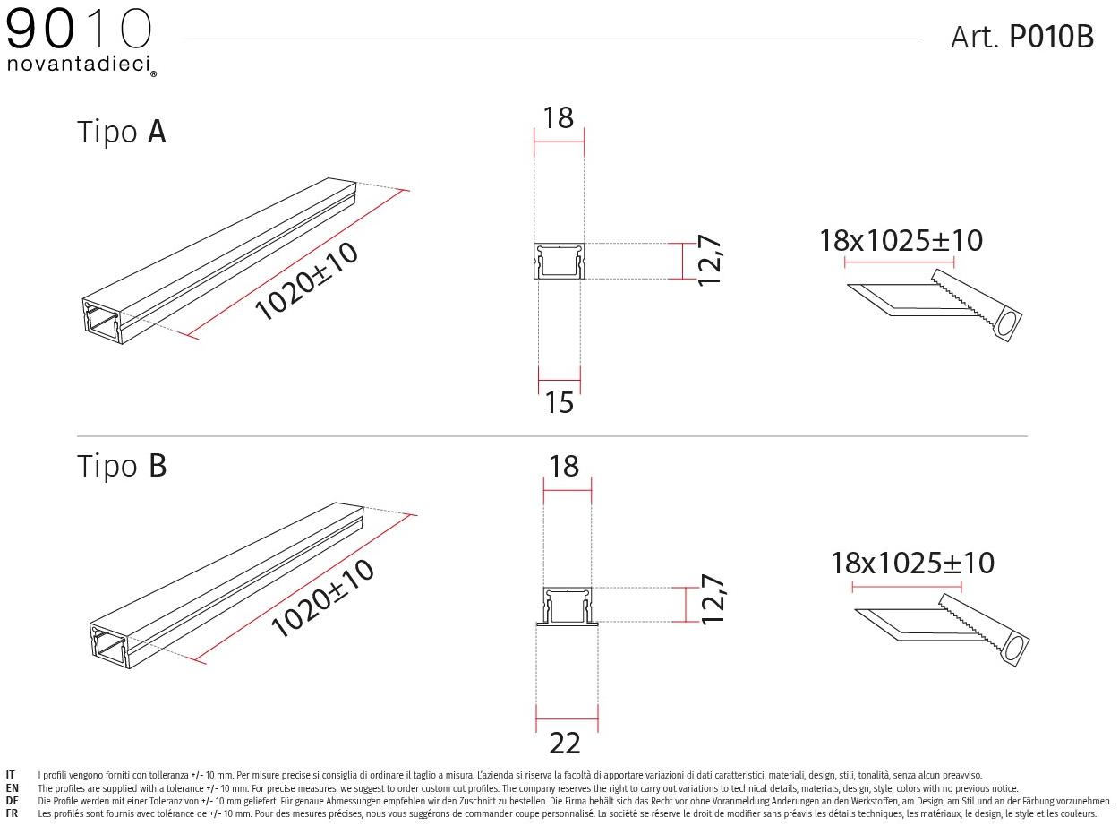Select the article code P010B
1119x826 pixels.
(x=1051, y=37)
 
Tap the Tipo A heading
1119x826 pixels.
(x=122, y=132)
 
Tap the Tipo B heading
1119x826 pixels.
(x=122, y=466)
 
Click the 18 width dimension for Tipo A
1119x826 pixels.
(x=559, y=117)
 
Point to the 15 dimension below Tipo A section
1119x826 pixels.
(x=559, y=403)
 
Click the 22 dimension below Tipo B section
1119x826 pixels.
(x=565, y=743)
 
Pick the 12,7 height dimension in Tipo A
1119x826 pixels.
(x=709, y=261)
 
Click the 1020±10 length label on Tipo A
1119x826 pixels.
(x=306, y=280)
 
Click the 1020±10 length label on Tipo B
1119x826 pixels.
(x=321, y=598)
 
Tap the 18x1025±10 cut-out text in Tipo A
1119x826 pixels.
(x=901, y=240)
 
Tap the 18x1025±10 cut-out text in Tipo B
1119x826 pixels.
(x=912, y=563)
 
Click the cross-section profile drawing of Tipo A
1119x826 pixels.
(x=559, y=262)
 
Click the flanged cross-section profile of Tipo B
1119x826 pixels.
(x=567, y=606)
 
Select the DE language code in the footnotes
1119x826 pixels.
(x=12, y=801)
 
